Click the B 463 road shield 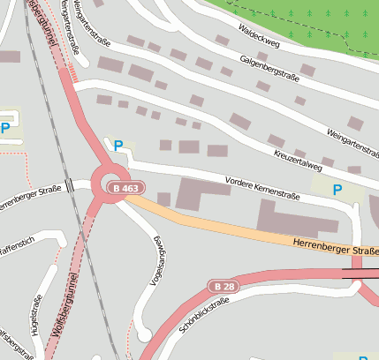[x=125, y=188]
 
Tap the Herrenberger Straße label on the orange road [x=330, y=251]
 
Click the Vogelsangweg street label [x=158, y=262]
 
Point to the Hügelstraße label [x=37, y=311]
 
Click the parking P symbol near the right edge [x=336, y=189]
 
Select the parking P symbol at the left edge [x=5, y=128]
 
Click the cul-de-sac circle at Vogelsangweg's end [x=144, y=335]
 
